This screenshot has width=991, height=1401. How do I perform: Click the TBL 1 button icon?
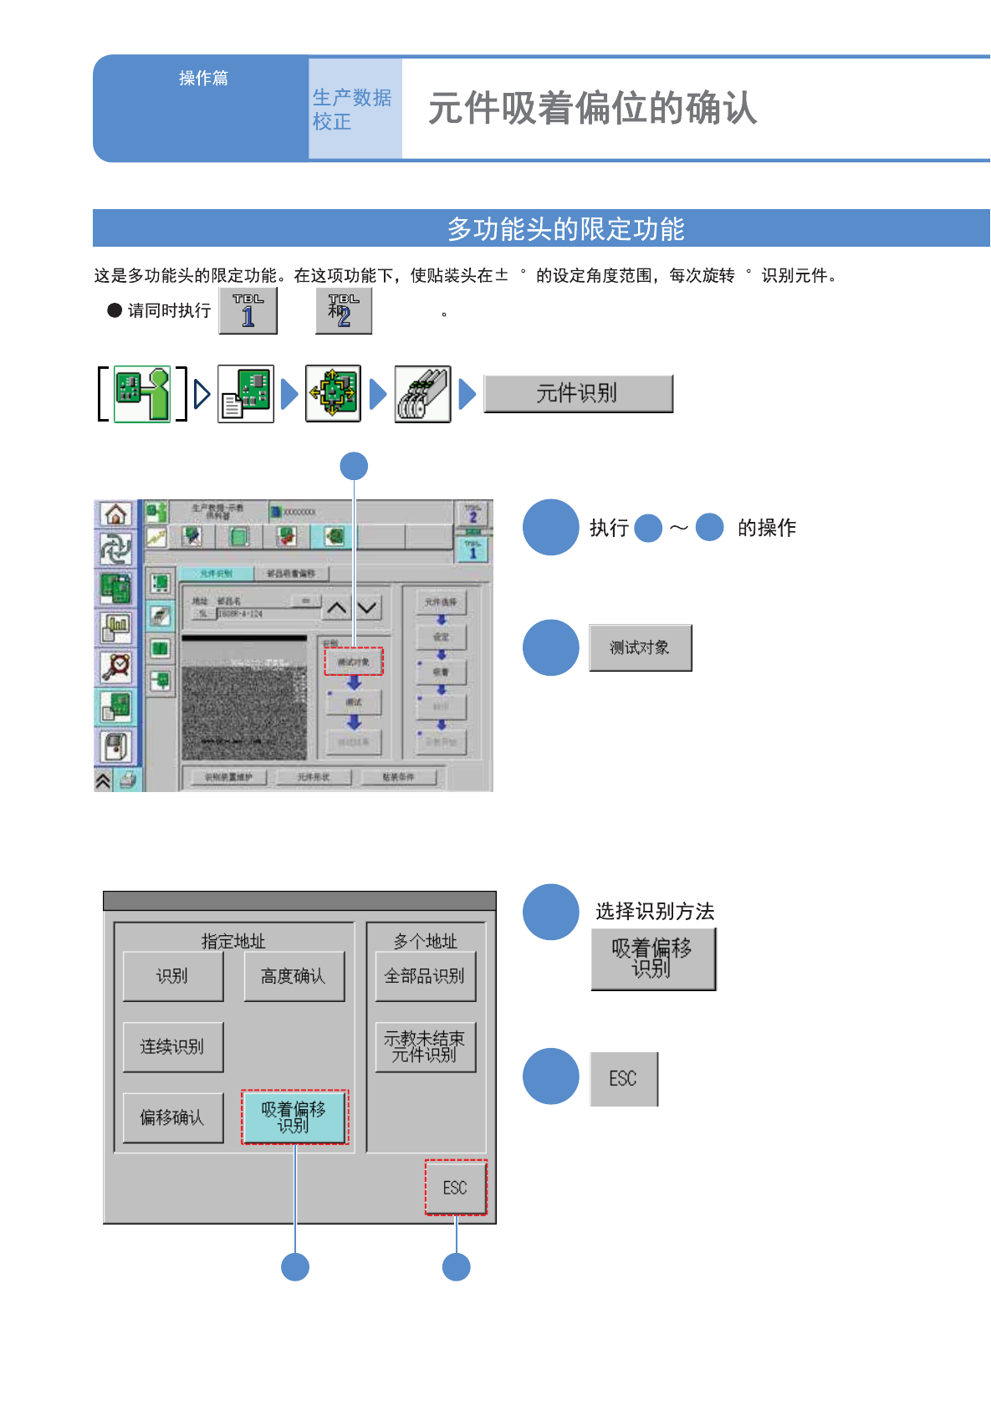click(248, 310)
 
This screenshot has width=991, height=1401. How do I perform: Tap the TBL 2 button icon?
click(343, 310)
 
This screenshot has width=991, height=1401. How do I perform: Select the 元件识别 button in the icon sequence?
click(578, 393)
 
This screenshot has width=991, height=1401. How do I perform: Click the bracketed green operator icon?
click(142, 393)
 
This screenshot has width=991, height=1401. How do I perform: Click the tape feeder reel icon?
click(422, 394)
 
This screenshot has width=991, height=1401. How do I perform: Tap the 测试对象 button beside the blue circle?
click(640, 647)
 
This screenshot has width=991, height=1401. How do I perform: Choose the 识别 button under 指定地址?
click(172, 976)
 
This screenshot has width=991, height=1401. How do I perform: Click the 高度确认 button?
click(294, 976)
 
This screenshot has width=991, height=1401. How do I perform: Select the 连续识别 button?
click(172, 1046)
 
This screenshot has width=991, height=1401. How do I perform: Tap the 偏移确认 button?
click(172, 1117)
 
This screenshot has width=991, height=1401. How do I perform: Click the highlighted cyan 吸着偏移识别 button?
click(294, 1117)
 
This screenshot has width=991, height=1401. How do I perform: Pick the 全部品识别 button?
click(425, 976)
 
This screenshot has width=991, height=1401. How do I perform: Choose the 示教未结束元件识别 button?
click(425, 1046)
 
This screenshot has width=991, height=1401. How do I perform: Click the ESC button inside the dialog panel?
click(455, 1188)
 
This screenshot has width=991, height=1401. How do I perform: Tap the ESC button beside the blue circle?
click(623, 1079)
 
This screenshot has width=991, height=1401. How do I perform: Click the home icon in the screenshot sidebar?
click(116, 514)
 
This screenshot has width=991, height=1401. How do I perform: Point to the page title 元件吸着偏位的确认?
click(592, 108)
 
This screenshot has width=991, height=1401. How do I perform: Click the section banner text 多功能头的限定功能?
click(565, 228)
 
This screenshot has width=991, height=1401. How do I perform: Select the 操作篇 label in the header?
click(203, 78)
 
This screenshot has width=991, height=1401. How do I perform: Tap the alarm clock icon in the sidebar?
click(116, 667)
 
